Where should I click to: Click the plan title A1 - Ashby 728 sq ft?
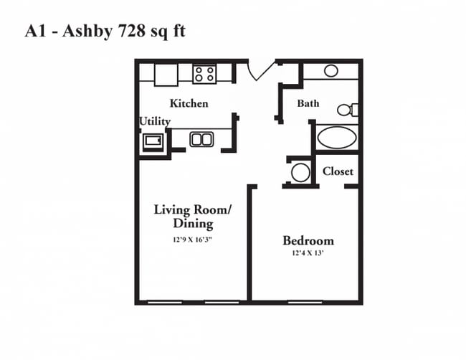click(x=105, y=32)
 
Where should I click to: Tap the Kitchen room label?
click(x=189, y=103)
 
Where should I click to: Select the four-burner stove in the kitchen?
click(x=204, y=74)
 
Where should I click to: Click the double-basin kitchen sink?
click(x=201, y=139)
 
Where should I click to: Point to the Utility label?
click(x=155, y=121)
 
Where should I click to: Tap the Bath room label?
click(x=308, y=103)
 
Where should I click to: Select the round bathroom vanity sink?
click(x=331, y=71)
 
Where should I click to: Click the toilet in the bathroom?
click(x=348, y=110)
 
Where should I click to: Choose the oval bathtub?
click(x=337, y=138)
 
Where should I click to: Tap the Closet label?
click(x=338, y=171)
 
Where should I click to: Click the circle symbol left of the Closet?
click(x=300, y=172)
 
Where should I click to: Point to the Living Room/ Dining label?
click(x=193, y=217)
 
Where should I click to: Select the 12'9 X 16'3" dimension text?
click(x=193, y=240)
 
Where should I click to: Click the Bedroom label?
click(x=308, y=240)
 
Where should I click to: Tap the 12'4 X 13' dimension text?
click(x=308, y=253)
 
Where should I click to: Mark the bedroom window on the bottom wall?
click(x=305, y=303)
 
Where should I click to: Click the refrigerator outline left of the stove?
click(x=166, y=75)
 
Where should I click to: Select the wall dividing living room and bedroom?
click(x=249, y=243)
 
